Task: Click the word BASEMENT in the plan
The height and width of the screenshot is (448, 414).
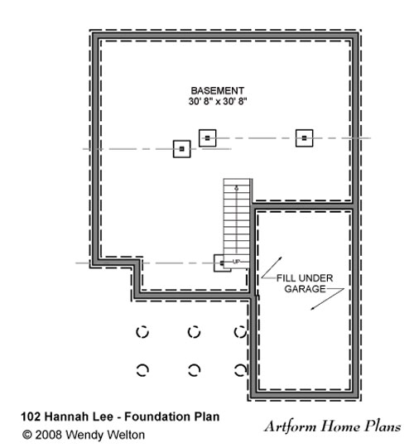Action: (218, 91)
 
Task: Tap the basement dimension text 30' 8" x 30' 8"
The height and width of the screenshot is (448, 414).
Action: (218, 101)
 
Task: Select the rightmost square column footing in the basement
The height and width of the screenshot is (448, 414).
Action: (304, 138)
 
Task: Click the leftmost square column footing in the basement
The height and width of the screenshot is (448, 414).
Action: (181, 149)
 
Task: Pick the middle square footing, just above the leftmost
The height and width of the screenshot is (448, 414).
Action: (208, 138)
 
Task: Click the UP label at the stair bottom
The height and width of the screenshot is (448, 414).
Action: (236, 262)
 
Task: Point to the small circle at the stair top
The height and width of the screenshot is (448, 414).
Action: (236, 188)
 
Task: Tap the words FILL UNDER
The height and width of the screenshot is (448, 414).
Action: (305, 278)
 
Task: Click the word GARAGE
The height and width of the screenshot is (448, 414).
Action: (306, 289)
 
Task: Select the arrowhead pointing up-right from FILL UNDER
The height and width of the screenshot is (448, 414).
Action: (281, 258)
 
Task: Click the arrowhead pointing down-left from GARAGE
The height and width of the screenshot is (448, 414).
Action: (313, 308)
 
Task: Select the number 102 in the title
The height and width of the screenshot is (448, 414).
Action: (31, 417)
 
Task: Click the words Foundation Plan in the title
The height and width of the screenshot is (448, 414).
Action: (172, 417)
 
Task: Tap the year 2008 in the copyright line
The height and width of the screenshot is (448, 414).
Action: (48, 435)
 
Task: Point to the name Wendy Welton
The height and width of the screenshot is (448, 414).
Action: (105, 435)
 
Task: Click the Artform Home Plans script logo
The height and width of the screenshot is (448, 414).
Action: (333, 426)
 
